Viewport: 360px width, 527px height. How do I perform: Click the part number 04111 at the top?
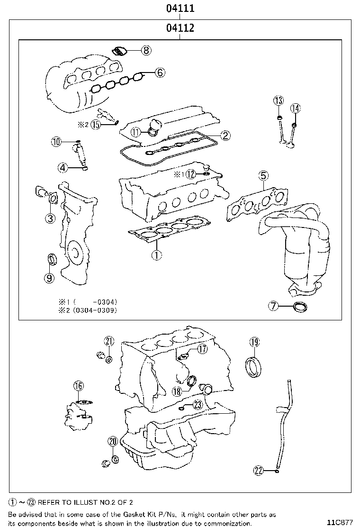pos(180,9)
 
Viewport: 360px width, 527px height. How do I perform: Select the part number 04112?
pos(180,28)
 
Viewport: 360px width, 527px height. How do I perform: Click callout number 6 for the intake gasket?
pos(160,73)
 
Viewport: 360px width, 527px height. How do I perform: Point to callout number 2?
pos(225,136)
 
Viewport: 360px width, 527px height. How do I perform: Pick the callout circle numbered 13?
pos(279,100)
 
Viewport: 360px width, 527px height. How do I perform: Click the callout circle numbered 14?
pos(295,109)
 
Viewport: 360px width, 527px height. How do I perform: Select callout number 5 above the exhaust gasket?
pos(263,176)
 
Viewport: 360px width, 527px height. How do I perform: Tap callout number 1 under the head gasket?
pos(156,255)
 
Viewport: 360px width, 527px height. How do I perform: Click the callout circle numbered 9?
pos(49,278)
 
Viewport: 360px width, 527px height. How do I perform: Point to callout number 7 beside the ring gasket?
pos(274,306)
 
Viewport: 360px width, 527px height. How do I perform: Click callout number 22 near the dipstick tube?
pos(258,470)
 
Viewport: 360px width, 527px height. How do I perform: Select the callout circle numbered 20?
pos(112,441)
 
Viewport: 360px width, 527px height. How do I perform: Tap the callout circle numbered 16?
pos(78,386)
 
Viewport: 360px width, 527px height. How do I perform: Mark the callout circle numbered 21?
pos(109,341)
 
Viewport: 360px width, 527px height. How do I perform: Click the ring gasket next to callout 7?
pos(299,307)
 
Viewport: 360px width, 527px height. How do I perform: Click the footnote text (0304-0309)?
pos(95,310)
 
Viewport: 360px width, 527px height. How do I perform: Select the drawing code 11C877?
pos(340,522)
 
